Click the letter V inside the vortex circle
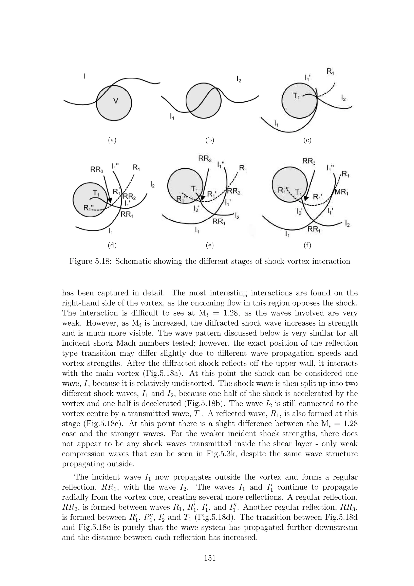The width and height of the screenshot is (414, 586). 116,101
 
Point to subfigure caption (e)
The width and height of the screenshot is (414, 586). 210,245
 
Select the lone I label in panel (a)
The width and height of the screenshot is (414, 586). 85,76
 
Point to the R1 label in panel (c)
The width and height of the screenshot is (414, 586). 331,72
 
